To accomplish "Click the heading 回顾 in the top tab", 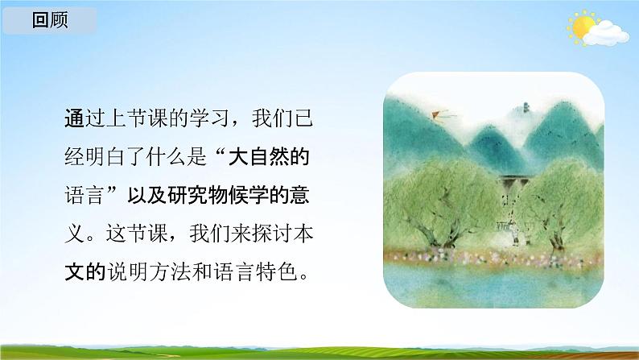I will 50,21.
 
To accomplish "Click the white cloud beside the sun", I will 606,34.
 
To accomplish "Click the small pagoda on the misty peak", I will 525,106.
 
